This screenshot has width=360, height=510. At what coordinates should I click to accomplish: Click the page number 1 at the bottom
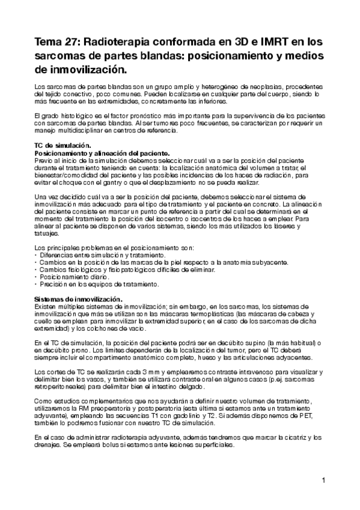[x=323, y=480]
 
